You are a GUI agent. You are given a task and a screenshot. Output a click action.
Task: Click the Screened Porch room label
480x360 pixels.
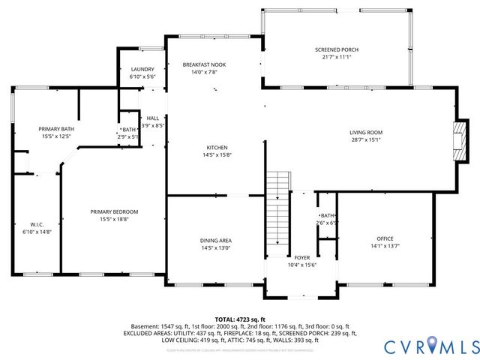pos(335,49)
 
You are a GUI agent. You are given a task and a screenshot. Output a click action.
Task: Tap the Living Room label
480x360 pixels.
pos(366,133)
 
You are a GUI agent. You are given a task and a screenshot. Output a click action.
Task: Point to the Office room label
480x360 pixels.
pos(385,239)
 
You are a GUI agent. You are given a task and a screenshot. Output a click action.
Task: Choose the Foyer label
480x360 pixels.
pos(301,257)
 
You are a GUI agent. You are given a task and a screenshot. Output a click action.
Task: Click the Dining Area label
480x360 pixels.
pos(215,241)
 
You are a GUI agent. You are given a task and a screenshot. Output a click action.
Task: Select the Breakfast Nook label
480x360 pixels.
pos(203,65)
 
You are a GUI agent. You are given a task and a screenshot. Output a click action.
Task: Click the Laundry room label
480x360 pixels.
pos(142,69)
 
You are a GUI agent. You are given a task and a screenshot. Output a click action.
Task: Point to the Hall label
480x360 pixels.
pos(152,118)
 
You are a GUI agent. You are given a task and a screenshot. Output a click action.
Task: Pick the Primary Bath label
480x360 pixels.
pos(56,129)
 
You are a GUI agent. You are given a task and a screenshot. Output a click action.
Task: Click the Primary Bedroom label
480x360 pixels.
pos(114,212)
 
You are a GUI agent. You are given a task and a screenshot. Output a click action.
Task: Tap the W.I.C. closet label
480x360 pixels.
pos(37,224)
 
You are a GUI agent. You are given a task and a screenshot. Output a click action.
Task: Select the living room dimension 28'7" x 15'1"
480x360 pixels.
pos(366,140)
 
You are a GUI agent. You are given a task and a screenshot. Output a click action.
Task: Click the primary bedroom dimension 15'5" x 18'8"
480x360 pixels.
pos(114,220)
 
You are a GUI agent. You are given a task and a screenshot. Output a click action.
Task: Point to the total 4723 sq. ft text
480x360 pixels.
pos(240,319)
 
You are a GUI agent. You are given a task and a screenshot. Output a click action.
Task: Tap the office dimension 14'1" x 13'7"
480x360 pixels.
pos(385,247)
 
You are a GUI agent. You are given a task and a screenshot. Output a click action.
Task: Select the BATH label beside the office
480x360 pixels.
pos(327,215)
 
